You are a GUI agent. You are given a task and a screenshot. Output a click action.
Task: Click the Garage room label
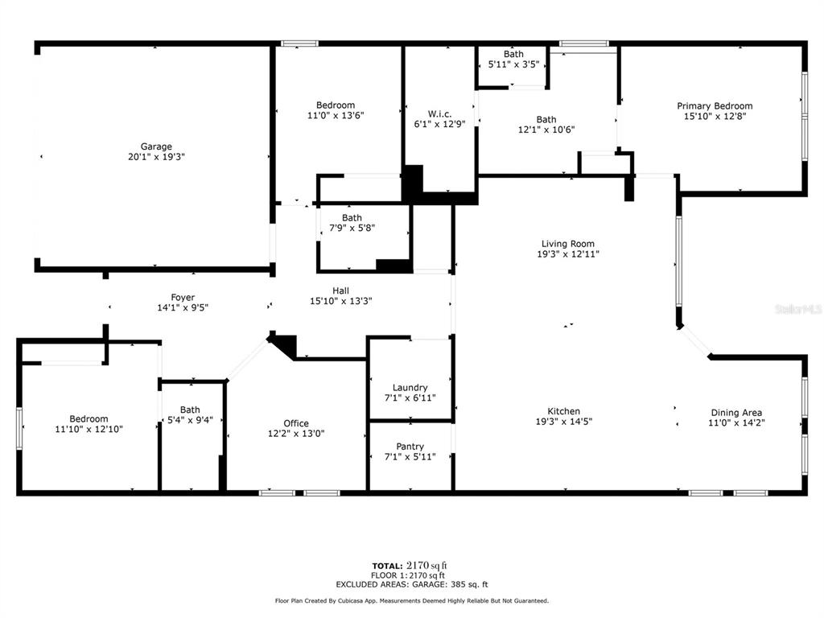tap(156, 146)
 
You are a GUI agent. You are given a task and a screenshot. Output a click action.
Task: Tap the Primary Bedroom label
tap(715, 106)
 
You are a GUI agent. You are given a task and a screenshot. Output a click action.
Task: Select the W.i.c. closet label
tap(439, 114)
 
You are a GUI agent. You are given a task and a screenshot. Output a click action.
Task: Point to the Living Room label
tap(568, 244)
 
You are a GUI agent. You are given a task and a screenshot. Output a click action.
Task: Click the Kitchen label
tap(564, 411)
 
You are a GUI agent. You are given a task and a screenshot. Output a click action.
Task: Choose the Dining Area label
tap(736, 413)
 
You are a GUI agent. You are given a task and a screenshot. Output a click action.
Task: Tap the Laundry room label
tap(410, 388)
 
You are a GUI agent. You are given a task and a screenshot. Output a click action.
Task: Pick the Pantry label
tap(410, 447)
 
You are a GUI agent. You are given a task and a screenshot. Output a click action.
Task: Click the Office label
tap(296, 423)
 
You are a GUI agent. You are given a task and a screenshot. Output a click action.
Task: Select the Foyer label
tap(183, 298)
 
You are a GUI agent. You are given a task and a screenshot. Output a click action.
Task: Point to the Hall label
tap(340, 290)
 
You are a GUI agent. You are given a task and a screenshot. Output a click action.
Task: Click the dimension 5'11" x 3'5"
tap(513, 64)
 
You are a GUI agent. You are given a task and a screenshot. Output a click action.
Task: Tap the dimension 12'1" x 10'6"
tap(546, 130)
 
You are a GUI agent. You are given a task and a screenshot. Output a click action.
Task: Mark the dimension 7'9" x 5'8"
tap(352, 228)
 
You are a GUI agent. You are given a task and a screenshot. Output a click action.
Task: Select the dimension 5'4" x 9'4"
tap(190, 420)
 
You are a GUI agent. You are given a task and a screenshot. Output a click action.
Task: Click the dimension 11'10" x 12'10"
tap(89, 430)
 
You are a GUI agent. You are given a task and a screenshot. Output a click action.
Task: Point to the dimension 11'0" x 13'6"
tap(336, 116)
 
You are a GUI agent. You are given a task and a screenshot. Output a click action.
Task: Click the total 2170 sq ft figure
tap(426, 566)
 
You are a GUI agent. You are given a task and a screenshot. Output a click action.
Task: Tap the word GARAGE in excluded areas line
tap(429, 584)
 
